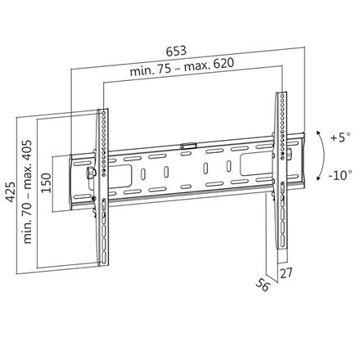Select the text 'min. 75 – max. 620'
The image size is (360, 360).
coord(190,73)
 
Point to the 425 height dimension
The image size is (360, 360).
coord(9,191)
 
